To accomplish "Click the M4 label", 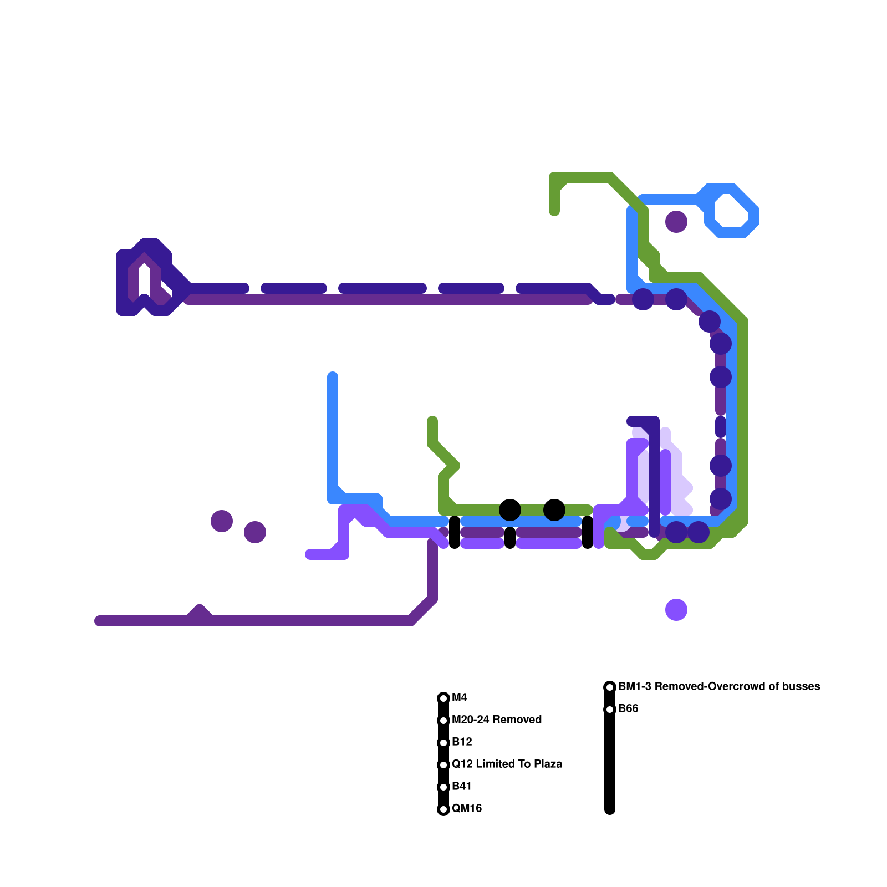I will (460, 697).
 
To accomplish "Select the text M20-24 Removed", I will (497, 720).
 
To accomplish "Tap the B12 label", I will (462, 742).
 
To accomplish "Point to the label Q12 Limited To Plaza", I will (507, 764).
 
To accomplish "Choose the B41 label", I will (462, 786).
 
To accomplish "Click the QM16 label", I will (467, 808).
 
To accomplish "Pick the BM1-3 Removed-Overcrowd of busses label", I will (719, 686).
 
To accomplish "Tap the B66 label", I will (628, 708).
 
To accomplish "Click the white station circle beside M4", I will (443, 698).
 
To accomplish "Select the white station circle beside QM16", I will (443, 809).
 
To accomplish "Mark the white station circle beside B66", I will (610, 710).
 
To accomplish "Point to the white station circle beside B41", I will (443, 787).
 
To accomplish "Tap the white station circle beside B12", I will (443, 743).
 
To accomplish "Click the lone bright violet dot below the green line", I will (676, 610).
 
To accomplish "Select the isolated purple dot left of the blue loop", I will (676, 222).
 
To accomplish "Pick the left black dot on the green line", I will (510, 510).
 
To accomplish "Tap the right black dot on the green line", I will (554, 510).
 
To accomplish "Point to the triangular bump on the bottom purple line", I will (200, 613).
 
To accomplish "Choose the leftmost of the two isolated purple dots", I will (222, 521).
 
